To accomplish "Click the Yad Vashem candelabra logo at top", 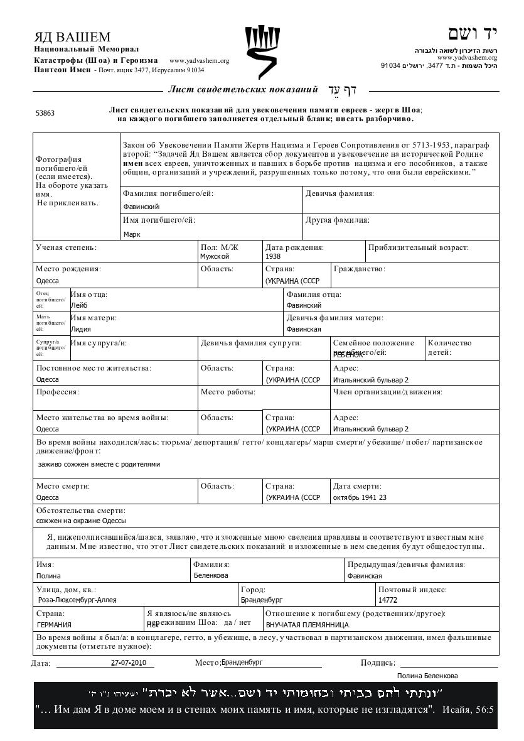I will [262, 51].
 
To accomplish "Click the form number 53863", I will [45, 114].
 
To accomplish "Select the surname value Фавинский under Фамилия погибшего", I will [141, 207].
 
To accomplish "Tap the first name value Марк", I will [132, 234].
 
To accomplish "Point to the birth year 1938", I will [273, 256].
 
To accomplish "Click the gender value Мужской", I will [215, 256].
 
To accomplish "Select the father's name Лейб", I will [79, 305].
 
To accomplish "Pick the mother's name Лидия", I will [81, 329].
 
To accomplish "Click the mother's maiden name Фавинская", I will [304, 329].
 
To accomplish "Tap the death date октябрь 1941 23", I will [360, 497].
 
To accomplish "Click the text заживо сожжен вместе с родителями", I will [99, 464].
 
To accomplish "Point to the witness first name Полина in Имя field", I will [48, 576].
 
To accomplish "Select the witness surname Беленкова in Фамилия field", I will [211, 576].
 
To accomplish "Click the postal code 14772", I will [388, 600].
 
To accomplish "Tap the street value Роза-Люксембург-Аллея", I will [77, 600].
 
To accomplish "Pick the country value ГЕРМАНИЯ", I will [54, 625].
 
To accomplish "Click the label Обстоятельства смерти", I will [80, 511].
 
